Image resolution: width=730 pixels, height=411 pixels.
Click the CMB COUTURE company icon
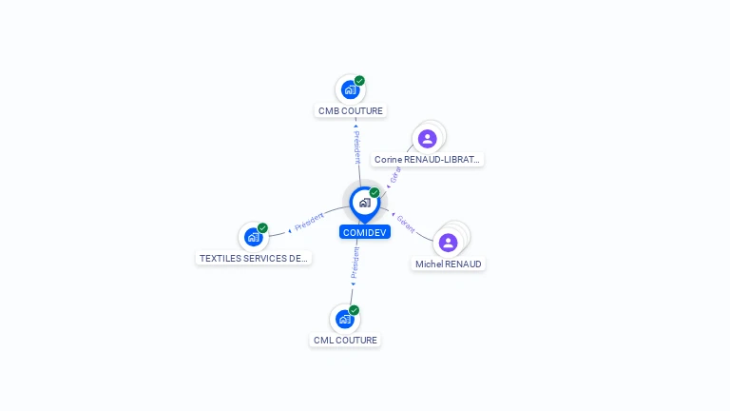[350, 90]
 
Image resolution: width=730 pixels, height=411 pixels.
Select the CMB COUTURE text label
[351, 111]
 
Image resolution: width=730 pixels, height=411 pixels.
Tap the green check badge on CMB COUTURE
[359, 81]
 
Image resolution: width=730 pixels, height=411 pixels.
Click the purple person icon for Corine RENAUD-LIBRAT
[428, 139]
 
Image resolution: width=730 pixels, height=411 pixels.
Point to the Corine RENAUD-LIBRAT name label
[428, 160]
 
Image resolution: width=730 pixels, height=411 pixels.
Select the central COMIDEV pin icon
[364, 203]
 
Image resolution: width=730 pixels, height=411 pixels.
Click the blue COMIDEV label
[365, 232]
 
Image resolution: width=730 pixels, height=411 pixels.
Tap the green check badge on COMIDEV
[375, 193]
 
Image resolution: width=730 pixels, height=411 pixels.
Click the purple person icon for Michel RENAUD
[449, 243]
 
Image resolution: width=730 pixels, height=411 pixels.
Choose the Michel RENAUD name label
[449, 264]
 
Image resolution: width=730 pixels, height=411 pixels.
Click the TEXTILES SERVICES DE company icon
[253, 237]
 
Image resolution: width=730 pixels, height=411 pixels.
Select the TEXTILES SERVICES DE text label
[254, 258]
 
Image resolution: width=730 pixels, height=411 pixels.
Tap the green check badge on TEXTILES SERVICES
[262, 228]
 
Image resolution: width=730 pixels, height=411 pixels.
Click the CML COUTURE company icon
[344, 319]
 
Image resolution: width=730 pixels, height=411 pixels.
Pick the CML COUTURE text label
[345, 340]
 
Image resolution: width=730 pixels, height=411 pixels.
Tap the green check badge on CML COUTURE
[354, 310]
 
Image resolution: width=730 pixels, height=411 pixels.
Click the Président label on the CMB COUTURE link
[356, 147]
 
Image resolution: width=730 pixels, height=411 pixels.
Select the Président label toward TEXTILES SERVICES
[310, 223]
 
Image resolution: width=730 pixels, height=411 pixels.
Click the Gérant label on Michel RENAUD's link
[406, 225]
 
